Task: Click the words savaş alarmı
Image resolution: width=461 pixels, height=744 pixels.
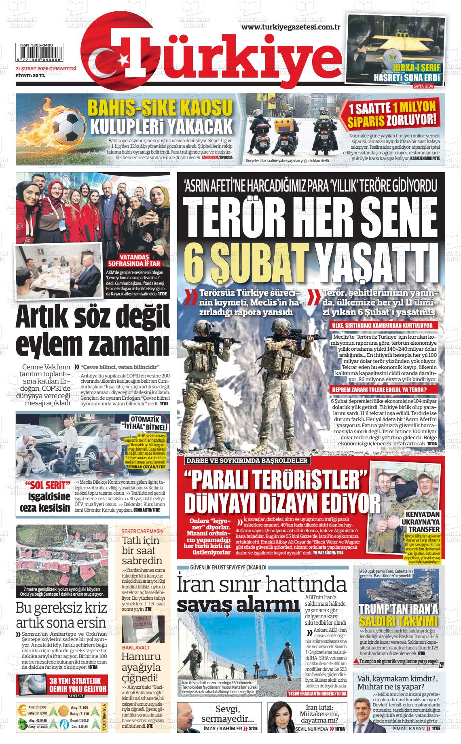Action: (x=236, y=605)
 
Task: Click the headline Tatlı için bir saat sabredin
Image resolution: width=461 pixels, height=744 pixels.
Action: (x=142, y=551)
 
